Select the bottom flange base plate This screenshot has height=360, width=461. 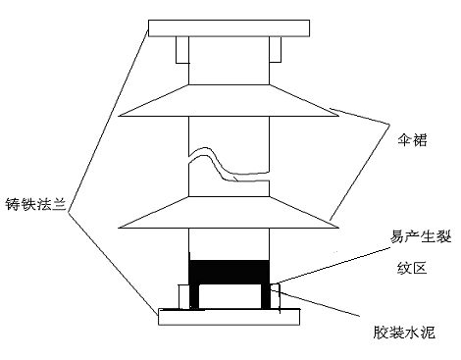point(231,316)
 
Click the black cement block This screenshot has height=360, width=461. point(228,269)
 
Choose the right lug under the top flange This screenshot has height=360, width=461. point(274,48)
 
